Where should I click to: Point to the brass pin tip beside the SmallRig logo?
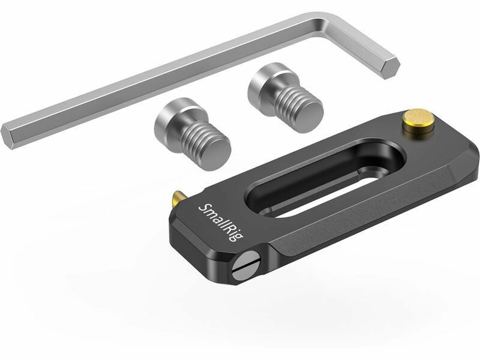pos(176,198)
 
